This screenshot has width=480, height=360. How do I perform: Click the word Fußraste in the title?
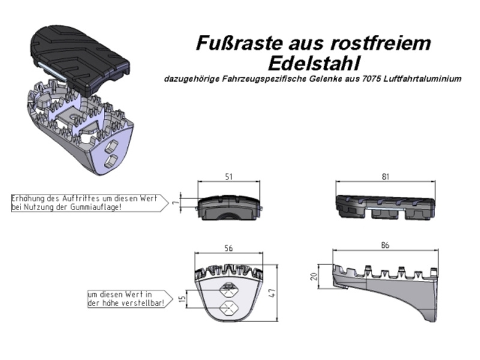[238, 43]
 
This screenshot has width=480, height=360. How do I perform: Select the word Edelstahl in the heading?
[313, 64]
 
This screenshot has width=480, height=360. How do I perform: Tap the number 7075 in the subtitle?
[371, 79]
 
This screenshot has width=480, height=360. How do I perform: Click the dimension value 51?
[229, 176]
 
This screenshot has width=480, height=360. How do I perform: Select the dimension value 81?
[385, 176]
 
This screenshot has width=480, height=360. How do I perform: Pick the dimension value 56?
[229, 248]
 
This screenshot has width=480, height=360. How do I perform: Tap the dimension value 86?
[385, 245]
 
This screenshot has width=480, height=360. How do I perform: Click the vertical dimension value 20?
[314, 277]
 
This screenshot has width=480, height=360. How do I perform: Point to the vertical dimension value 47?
[272, 293]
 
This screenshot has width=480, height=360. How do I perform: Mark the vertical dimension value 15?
[182, 298]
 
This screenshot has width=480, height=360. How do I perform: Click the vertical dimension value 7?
[175, 203]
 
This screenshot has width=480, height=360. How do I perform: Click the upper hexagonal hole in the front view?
[230, 289]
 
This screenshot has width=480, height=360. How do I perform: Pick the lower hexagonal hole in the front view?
[230, 308]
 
